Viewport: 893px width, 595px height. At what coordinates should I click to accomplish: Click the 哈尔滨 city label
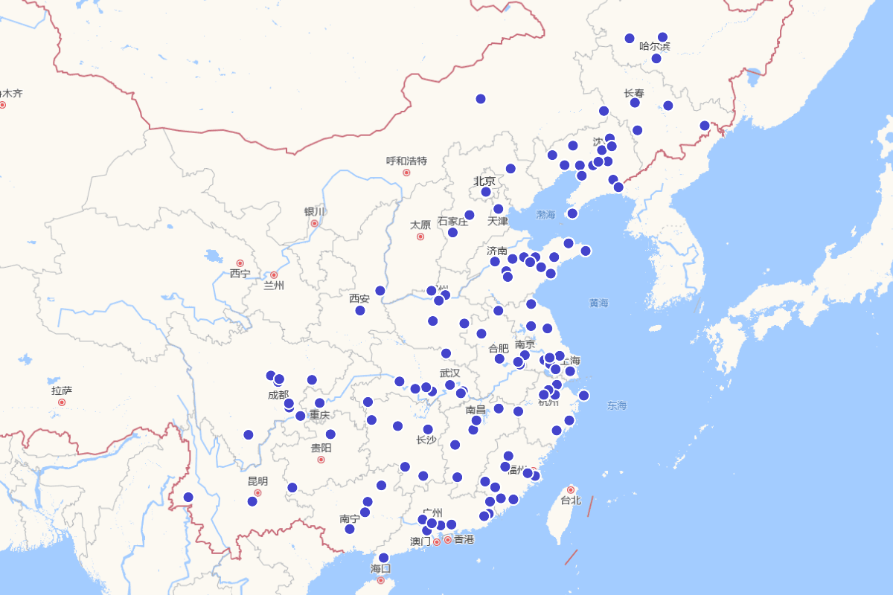[655, 47]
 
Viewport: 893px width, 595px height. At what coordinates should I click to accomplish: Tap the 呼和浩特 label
[406, 161]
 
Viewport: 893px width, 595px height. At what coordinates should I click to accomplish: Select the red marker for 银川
[315, 223]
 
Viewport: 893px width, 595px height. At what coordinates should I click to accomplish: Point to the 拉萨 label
[62, 390]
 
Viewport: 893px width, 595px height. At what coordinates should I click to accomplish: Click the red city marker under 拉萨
[62, 402]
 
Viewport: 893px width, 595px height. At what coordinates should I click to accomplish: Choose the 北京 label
[484, 181]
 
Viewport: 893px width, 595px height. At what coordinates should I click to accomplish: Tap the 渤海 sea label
[546, 215]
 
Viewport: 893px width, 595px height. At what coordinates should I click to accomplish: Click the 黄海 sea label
[599, 303]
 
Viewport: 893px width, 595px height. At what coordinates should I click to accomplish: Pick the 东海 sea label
[617, 405]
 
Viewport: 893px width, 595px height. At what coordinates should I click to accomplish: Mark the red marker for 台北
[571, 489]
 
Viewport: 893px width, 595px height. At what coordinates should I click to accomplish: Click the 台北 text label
[571, 501]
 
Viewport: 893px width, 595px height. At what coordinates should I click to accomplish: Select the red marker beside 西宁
[240, 263]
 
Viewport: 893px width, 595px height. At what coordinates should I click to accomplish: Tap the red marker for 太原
[420, 237]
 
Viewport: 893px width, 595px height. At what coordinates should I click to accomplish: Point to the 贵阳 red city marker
[321, 460]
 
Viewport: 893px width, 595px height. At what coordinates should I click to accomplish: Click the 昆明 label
[257, 481]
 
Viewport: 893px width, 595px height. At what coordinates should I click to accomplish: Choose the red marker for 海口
[381, 580]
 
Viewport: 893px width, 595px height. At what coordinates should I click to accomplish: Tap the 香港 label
[464, 539]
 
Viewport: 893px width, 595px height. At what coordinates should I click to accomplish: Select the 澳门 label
[420, 541]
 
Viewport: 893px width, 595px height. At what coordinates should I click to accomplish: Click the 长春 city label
[634, 93]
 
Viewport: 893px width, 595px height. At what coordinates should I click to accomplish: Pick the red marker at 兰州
[274, 275]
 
